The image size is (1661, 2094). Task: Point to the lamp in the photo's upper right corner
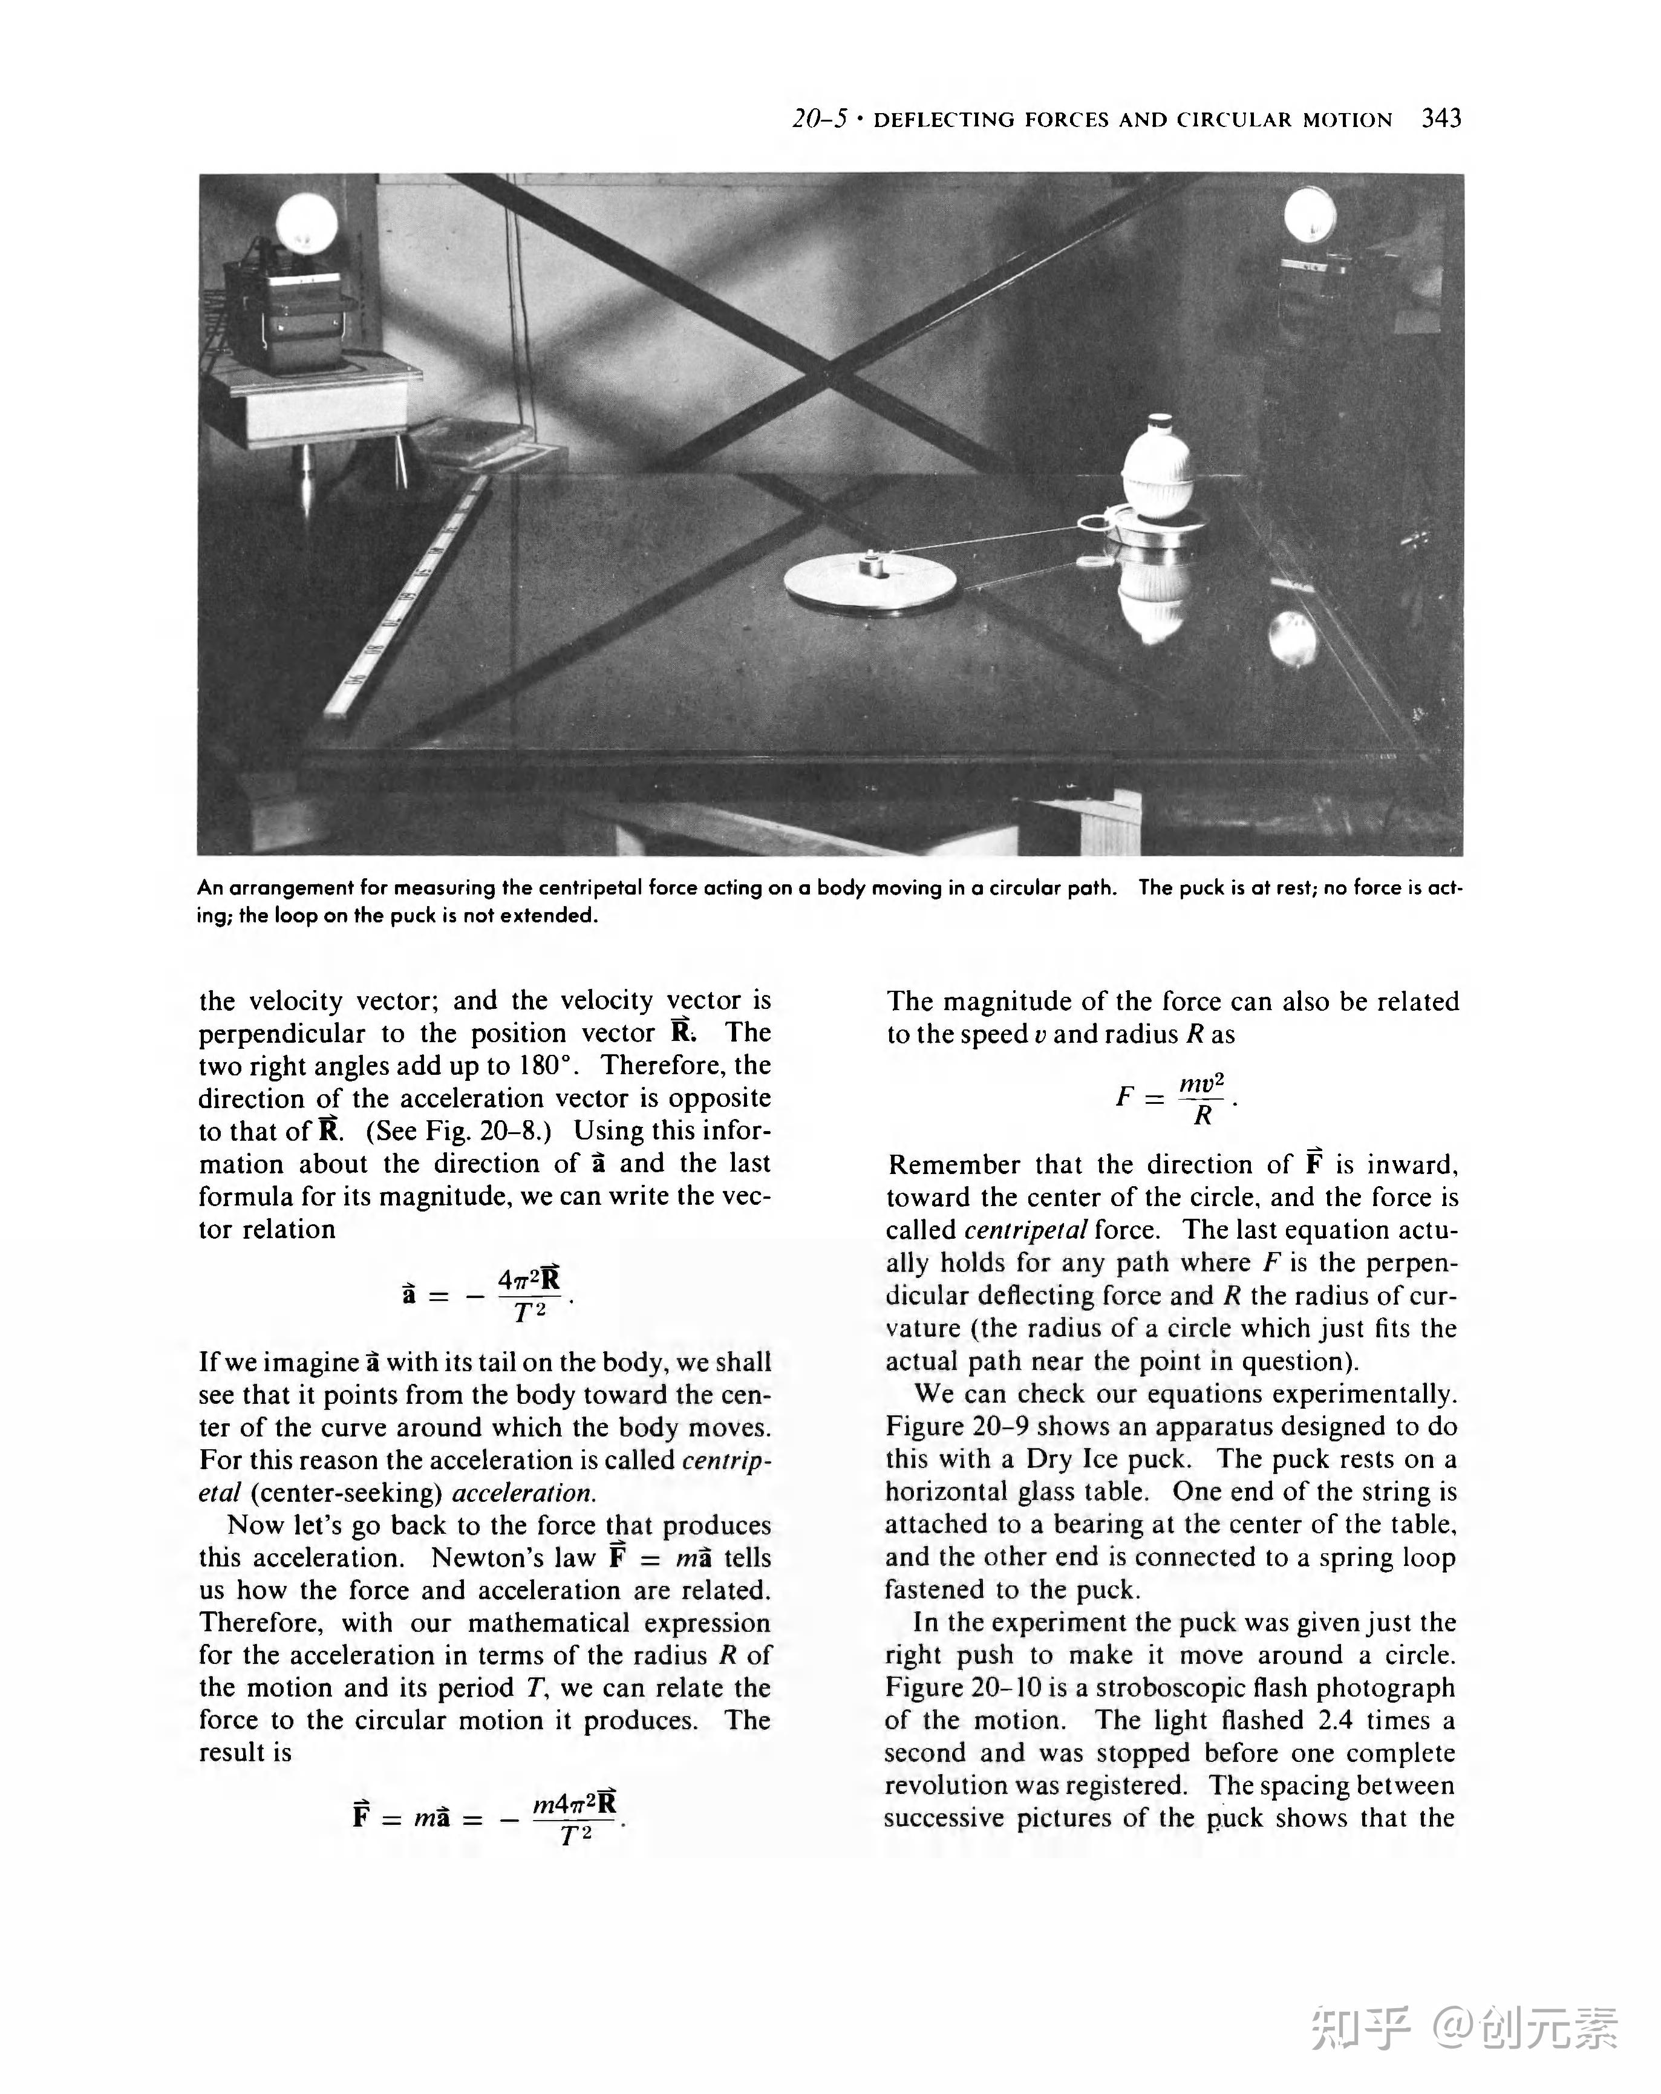point(1310,214)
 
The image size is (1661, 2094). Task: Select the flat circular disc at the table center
point(870,582)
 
